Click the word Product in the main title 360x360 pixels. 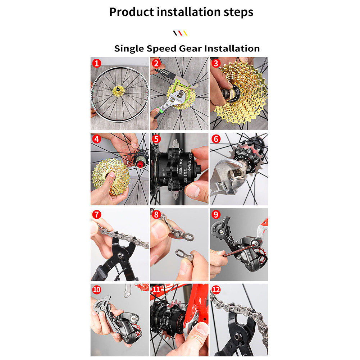click(131, 12)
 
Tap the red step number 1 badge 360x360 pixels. click(96, 63)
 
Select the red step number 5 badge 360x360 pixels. click(156, 139)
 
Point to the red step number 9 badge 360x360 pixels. click(216, 214)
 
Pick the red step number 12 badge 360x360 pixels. click(216, 290)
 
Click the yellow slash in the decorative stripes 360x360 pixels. click(185, 33)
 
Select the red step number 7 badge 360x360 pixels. click(96, 214)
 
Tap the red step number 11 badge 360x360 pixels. click(156, 290)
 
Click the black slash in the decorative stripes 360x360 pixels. click(175, 33)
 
